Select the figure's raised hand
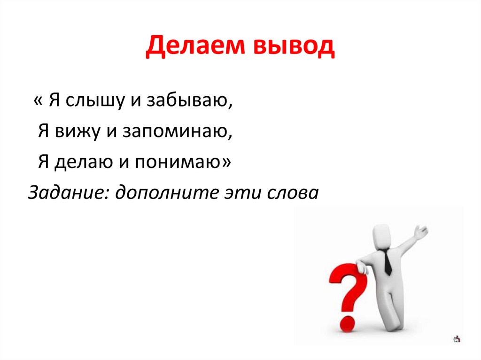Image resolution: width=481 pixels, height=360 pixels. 422,231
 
